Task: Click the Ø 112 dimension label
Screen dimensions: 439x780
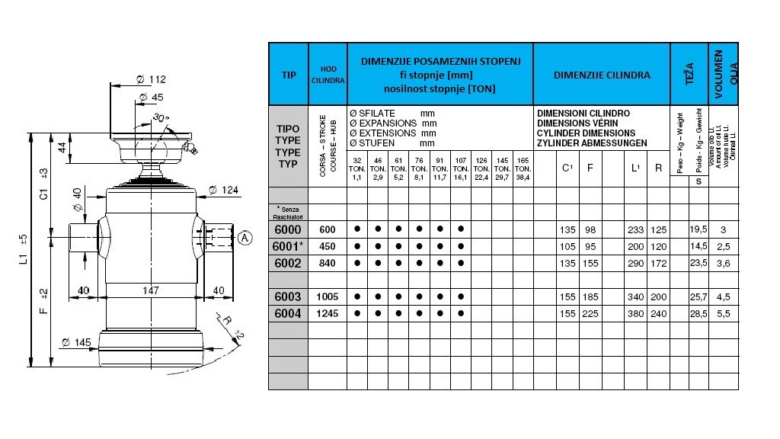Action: [151, 80]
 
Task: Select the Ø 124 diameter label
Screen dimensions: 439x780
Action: [223, 189]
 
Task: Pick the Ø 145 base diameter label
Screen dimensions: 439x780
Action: [77, 342]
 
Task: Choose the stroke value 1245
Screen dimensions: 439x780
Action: [328, 313]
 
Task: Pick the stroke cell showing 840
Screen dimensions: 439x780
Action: [328, 263]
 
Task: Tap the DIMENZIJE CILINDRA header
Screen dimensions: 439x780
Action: [602, 75]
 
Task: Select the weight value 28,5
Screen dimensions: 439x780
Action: [698, 313]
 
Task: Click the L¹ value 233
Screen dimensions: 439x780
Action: [635, 229]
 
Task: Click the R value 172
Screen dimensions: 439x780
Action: [659, 263]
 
